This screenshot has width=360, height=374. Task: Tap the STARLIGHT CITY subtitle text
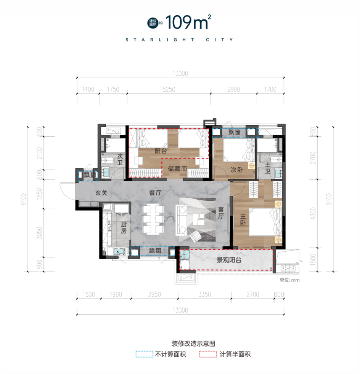click(179, 40)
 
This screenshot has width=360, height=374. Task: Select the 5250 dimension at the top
click(169, 90)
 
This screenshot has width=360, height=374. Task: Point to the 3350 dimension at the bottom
click(204, 294)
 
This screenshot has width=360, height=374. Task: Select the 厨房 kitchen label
click(124, 228)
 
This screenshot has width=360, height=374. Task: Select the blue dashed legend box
click(144, 354)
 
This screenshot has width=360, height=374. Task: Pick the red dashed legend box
click(207, 354)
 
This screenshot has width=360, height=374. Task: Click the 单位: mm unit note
click(289, 280)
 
